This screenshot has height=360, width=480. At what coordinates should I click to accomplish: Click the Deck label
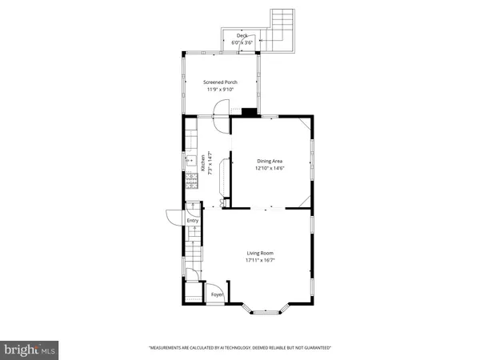click(242, 35)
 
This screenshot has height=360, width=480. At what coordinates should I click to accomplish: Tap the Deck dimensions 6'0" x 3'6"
click(242, 42)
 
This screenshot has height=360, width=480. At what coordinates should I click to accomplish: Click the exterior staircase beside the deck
click(282, 25)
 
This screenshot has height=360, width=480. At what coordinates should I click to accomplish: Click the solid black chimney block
click(250, 113)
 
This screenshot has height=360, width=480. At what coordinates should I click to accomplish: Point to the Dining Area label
click(270, 162)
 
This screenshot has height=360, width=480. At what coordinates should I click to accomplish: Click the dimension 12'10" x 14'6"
click(270, 169)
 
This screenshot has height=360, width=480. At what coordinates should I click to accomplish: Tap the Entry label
click(193, 221)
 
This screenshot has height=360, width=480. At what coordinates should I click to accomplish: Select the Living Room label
click(262, 252)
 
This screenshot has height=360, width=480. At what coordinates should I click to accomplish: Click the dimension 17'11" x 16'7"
click(262, 259)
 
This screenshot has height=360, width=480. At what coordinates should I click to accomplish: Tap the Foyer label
click(217, 294)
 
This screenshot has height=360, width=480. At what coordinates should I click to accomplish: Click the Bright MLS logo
click(30, 350)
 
